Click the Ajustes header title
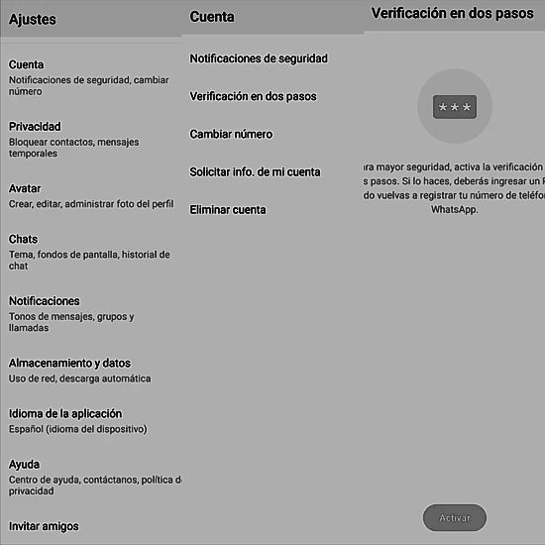33,19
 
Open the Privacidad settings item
35,127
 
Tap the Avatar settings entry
25,188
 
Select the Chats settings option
23,240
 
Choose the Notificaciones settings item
45,301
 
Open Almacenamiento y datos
69,363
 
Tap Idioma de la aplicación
65,413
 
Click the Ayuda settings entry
24,464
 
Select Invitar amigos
44,526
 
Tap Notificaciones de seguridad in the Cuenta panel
259,58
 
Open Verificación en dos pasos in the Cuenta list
254,96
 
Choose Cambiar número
231,134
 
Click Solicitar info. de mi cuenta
255,171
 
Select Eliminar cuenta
228,209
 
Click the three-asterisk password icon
455,106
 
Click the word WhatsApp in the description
455,210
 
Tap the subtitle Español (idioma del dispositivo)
77,429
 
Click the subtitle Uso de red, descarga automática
79,379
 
